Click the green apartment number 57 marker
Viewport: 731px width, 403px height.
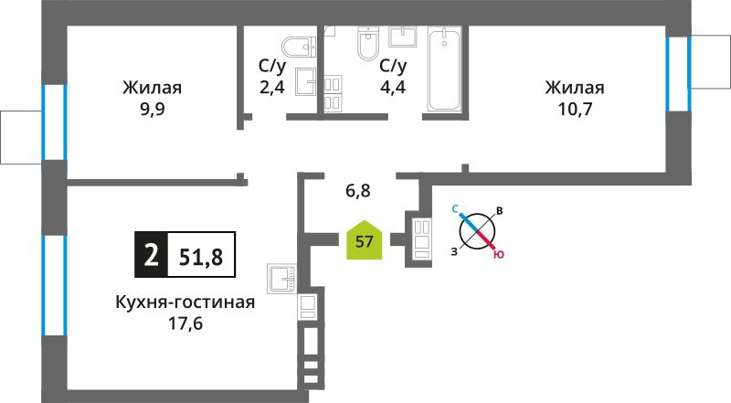tap(364, 240)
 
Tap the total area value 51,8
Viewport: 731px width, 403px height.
tap(201, 256)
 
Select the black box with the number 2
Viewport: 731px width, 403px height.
tap(151, 255)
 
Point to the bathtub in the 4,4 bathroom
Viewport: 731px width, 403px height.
tap(444, 70)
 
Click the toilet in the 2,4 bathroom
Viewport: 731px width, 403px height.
tap(299, 47)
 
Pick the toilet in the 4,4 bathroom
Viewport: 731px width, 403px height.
tap(368, 43)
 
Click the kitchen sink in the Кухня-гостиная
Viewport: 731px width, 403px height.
tap(281, 279)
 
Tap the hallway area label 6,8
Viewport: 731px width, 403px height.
tap(358, 190)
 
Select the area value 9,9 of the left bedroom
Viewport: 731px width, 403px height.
tap(153, 109)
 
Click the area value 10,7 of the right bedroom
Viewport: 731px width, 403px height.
tap(575, 109)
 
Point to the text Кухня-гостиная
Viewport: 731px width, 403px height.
tap(185, 302)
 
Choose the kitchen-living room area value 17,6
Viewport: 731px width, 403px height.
tap(185, 323)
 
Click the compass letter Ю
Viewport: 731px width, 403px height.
tap(499, 255)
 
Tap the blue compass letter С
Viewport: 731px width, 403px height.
tap(455, 209)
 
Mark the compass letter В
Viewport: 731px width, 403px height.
tap(499, 211)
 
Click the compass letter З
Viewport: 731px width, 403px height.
tap(454, 252)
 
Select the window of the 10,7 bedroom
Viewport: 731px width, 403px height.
tap(678, 74)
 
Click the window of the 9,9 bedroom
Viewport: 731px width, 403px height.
tap(55, 122)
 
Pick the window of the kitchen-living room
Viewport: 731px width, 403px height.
tap(55, 285)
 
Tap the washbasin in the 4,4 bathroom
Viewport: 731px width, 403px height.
tap(403, 37)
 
